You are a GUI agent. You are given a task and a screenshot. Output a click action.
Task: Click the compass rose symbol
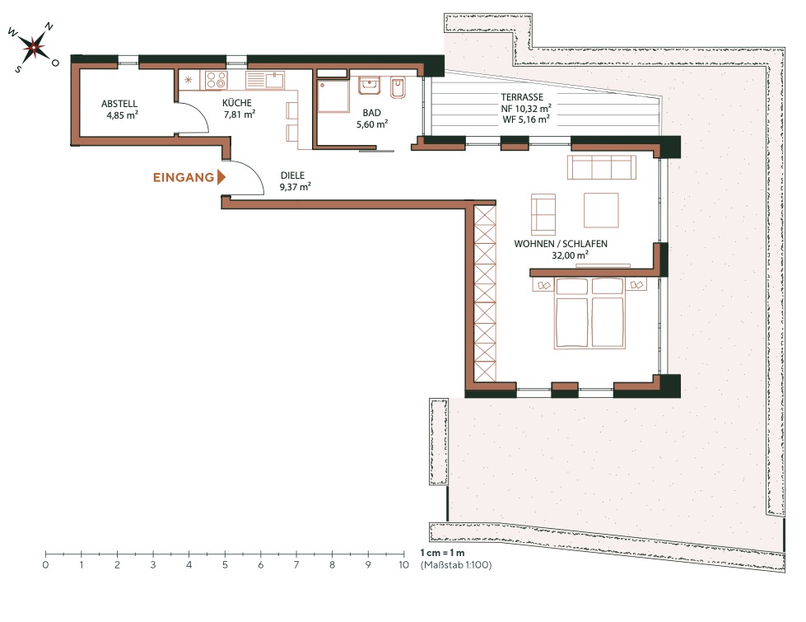32,47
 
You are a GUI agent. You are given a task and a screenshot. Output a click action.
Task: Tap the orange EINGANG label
183,177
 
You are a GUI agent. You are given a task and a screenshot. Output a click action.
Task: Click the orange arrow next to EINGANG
221,177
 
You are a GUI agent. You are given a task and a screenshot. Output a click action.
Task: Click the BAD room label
372,119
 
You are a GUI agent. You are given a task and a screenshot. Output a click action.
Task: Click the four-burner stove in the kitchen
217,81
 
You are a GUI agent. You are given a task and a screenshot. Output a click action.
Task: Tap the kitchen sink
264,80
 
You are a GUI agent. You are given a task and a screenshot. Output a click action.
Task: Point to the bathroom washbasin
370,87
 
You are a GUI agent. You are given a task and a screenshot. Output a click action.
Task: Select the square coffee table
601,210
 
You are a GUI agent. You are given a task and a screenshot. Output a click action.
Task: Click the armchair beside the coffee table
543,213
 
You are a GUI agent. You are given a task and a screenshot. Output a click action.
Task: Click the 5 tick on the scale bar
225,554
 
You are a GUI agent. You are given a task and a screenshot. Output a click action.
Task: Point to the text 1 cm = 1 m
443,552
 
